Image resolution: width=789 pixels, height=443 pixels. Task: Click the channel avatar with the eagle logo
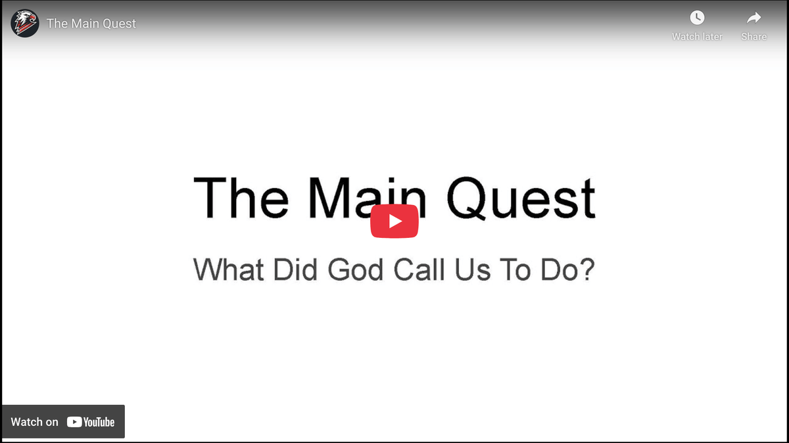tap(25, 24)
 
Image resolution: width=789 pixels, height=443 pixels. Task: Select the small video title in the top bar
tap(91, 24)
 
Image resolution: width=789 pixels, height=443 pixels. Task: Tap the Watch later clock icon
tap(697, 18)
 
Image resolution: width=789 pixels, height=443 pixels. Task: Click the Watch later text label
tap(697, 37)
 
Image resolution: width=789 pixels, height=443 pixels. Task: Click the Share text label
tap(753, 37)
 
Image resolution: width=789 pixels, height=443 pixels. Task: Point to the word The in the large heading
tap(241, 197)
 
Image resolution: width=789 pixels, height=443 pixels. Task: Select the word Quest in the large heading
tap(521, 198)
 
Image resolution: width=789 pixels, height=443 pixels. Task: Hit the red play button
tap(394, 221)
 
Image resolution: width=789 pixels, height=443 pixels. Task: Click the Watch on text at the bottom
tap(35, 422)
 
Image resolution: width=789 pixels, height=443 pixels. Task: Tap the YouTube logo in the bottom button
tap(91, 422)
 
